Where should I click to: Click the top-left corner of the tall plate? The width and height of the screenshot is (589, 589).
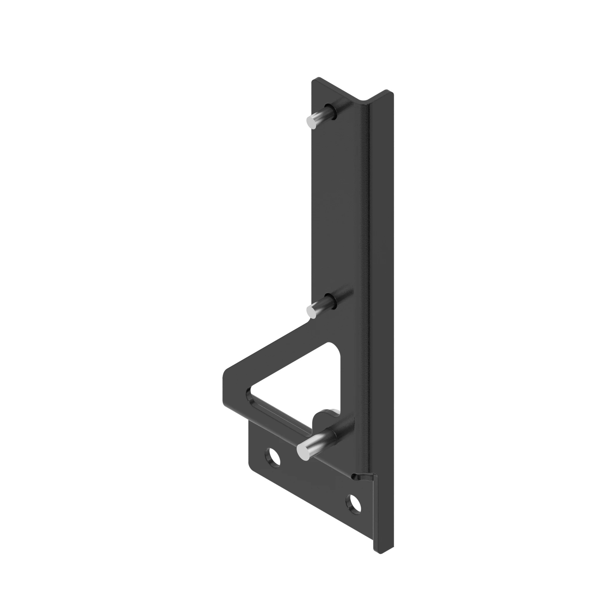314,81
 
